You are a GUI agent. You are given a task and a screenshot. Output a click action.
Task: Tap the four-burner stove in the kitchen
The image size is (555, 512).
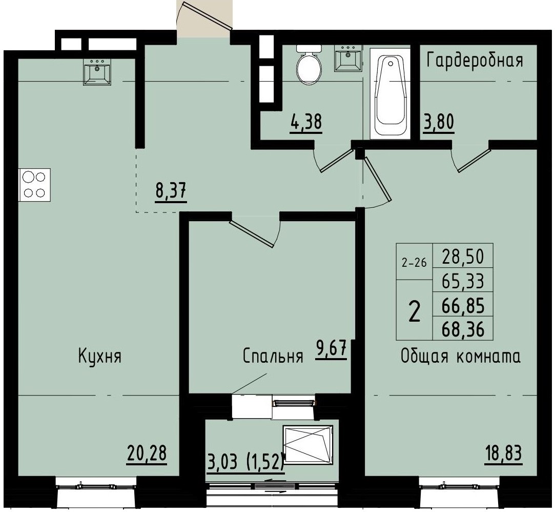(35, 184)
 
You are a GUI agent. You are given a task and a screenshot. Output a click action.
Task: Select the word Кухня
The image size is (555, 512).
(99, 356)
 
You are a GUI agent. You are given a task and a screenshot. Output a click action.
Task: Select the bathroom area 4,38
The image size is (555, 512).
(305, 124)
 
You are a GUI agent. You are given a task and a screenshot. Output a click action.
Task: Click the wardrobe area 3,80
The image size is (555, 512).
(438, 124)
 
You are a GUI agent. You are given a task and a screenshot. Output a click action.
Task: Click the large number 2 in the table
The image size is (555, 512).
(414, 311)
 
